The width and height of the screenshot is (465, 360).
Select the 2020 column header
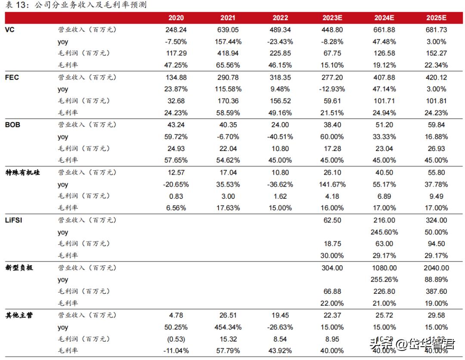176,18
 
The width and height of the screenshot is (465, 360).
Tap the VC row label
9,30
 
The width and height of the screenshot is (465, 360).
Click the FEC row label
12,77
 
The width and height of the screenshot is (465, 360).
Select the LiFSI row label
13,220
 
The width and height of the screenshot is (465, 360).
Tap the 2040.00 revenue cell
436,268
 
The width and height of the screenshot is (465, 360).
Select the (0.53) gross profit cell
176,339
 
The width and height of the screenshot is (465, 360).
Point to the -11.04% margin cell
176,351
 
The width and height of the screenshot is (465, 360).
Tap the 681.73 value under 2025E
436,30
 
